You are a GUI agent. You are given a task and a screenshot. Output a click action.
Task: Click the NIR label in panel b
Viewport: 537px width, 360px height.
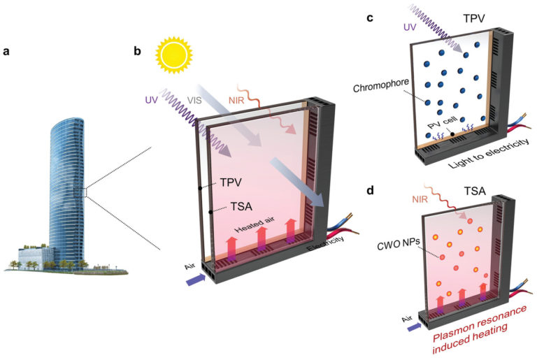[238, 101]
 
